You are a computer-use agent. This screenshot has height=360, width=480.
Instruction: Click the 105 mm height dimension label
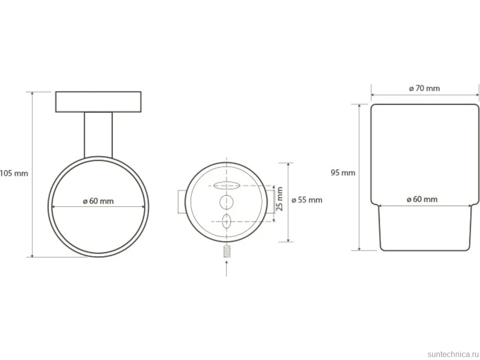[14, 174]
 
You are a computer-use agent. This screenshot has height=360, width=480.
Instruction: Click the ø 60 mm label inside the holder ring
[98, 201]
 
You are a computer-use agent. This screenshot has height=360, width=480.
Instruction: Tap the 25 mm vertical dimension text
[280, 199]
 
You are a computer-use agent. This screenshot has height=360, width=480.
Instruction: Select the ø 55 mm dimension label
[307, 200]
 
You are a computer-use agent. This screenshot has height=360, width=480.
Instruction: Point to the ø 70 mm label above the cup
[424, 89]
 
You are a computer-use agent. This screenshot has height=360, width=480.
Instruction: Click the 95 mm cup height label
[343, 173]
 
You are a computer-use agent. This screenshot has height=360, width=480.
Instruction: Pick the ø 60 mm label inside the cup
[422, 199]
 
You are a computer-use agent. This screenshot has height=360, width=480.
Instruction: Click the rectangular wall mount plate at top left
[98, 101]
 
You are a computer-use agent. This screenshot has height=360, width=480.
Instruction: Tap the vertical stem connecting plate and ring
[98, 135]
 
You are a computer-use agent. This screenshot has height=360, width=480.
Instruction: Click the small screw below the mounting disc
[227, 251]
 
